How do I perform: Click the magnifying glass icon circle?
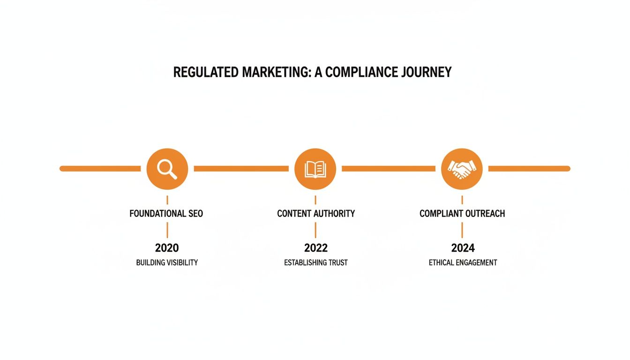(167, 169)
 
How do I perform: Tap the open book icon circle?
(315, 169)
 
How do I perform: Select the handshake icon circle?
(462, 169)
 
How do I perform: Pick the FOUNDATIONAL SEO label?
(166, 214)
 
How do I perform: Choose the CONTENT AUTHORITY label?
(316, 214)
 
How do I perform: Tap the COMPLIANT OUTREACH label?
(462, 214)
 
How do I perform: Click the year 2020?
(167, 248)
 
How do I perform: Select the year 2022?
(316, 248)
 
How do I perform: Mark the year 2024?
(463, 248)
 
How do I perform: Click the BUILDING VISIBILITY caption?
(167, 262)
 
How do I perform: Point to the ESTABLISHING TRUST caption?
(316, 262)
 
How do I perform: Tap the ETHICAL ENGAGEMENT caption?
(463, 262)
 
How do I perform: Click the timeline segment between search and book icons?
(241, 168)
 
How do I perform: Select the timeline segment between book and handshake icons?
(388, 168)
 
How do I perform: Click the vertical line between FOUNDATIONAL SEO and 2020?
(167, 231)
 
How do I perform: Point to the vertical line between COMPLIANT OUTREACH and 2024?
(462, 231)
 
